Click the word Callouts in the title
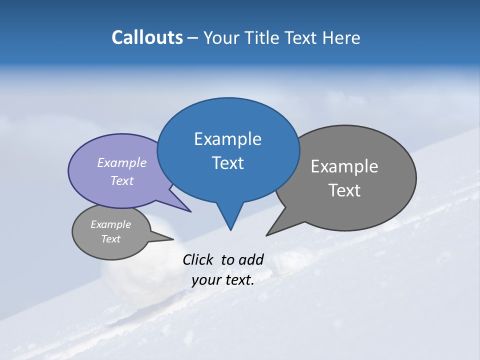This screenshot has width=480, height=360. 147,37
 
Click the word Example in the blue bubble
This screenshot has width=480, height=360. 227,139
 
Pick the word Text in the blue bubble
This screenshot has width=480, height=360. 227,163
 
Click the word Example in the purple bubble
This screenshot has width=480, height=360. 122,162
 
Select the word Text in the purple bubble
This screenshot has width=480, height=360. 122,180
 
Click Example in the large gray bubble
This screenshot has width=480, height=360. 344,166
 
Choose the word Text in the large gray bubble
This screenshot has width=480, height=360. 344,190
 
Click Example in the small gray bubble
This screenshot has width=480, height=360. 110,224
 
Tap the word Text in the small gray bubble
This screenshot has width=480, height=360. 110,239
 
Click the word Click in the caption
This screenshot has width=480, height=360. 198,259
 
